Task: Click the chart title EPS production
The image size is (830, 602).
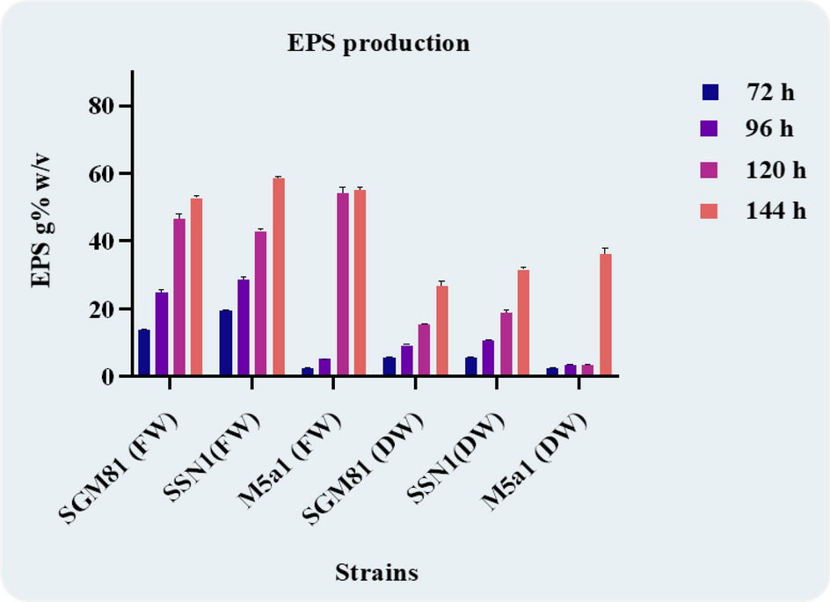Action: pyautogui.click(x=378, y=43)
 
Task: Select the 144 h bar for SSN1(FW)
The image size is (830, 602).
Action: pyautogui.click(x=278, y=277)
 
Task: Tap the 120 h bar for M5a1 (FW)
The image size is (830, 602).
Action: pyautogui.click(x=342, y=284)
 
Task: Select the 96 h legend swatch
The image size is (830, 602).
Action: pyautogui.click(x=710, y=129)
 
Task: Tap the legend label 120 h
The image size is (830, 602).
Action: pyautogui.click(x=775, y=170)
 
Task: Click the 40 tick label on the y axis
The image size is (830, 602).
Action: pyautogui.click(x=106, y=242)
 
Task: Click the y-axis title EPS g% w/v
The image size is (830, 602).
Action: pyautogui.click(x=42, y=226)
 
